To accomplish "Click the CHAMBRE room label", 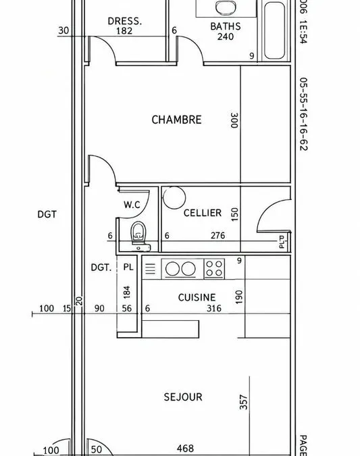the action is click(x=176, y=120).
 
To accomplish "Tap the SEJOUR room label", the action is click(x=183, y=397).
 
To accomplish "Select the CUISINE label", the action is click(x=197, y=297).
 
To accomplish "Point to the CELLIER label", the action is click(x=203, y=213).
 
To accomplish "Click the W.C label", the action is click(x=132, y=205).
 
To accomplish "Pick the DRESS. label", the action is click(x=125, y=21).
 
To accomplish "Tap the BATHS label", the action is click(x=226, y=26).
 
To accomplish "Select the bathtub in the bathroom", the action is click(x=274, y=30).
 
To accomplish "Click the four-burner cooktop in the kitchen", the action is click(x=214, y=268).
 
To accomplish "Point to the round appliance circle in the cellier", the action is click(x=174, y=198).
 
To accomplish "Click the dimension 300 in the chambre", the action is click(x=234, y=120).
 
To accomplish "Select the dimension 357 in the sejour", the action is click(x=243, y=402).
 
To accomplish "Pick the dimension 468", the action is click(x=185, y=449).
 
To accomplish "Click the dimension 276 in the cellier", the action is click(x=217, y=235).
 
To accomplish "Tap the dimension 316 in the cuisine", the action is click(x=214, y=308).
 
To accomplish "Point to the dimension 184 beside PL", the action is click(x=127, y=293).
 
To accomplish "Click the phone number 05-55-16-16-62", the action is click(x=303, y=114).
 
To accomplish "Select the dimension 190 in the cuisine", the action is click(x=238, y=297).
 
